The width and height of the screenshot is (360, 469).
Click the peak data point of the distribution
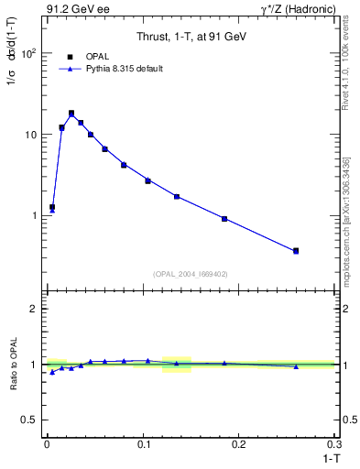click(x=71, y=114)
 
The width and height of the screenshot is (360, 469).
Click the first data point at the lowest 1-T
click(x=52, y=208)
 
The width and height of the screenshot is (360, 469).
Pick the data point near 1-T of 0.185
click(x=224, y=219)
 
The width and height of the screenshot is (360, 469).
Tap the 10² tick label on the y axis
click(x=28, y=53)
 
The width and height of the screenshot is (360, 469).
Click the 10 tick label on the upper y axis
click(x=31, y=135)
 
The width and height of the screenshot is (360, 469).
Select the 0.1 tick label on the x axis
click(x=143, y=443)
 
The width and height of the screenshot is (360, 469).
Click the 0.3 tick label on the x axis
click(x=334, y=443)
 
